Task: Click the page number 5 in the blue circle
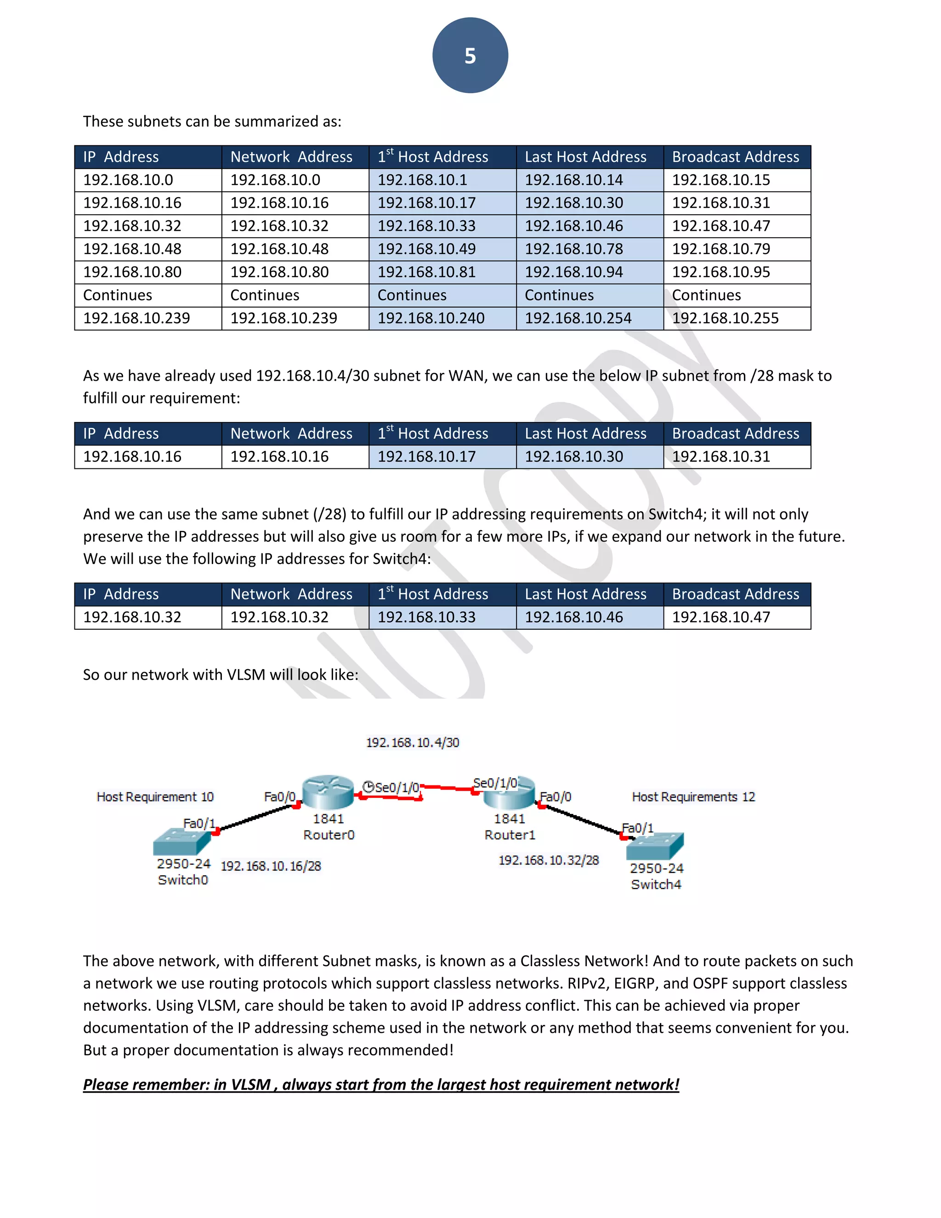tap(470, 56)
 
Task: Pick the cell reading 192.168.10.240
tap(431, 319)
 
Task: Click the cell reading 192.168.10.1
tap(422, 180)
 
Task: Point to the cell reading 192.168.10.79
tap(721, 249)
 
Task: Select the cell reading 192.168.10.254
tap(578, 319)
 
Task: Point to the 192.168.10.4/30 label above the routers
tap(413, 743)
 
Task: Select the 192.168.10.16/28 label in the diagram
tap(271, 866)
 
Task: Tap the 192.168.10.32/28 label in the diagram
tap(549, 860)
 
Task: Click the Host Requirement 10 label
tap(155, 797)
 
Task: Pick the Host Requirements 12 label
tap(693, 797)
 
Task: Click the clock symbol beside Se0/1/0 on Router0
tap(368, 786)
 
